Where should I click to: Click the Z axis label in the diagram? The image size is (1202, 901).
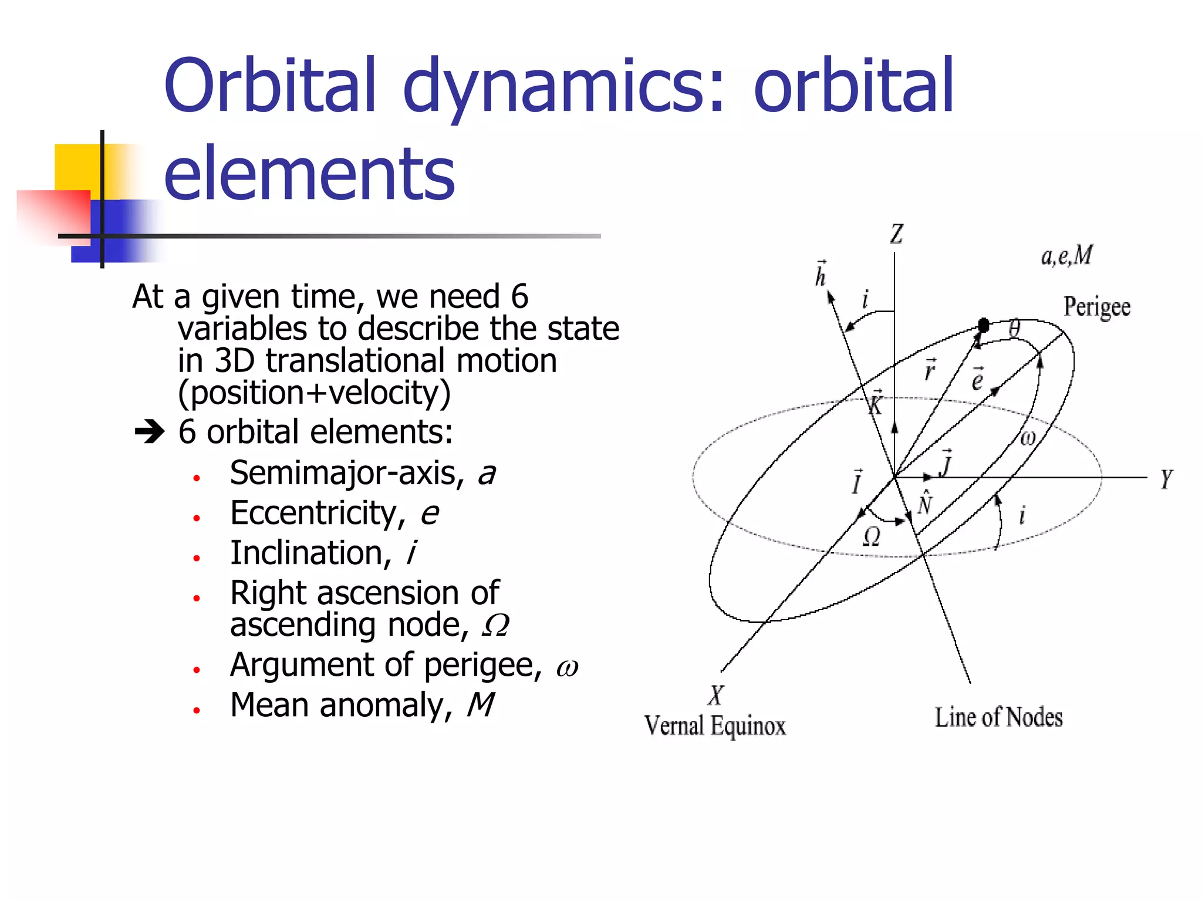(896, 235)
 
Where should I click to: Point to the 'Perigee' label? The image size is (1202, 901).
(1096, 307)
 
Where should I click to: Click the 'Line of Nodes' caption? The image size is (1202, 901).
(998, 717)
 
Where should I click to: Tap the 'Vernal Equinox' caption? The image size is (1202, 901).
(714, 726)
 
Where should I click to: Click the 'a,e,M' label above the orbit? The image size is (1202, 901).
(1066, 256)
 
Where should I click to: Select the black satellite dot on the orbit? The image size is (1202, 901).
(984, 325)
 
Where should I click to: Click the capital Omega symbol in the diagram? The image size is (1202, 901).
(872, 536)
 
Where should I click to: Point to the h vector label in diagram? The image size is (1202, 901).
(820, 275)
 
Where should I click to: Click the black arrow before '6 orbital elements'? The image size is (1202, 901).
(150, 433)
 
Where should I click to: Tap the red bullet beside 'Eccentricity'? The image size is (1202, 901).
(197, 518)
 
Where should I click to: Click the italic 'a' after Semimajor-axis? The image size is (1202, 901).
(486, 474)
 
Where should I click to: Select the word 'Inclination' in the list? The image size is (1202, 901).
(307, 553)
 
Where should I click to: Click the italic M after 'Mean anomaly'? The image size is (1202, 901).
(480, 705)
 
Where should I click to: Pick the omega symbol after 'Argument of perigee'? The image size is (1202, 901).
(567, 668)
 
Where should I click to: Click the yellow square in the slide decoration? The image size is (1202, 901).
(76, 167)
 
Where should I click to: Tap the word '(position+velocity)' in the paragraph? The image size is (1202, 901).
(314, 392)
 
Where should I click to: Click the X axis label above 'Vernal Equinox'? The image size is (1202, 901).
(716, 695)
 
